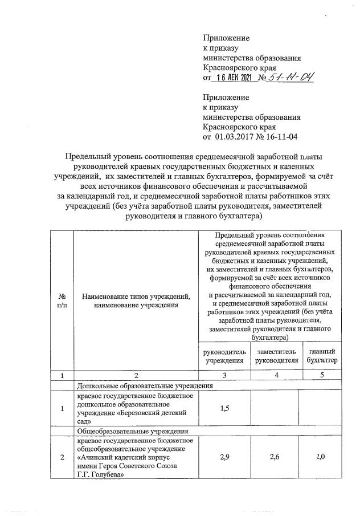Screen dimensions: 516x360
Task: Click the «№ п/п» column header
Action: (61, 300)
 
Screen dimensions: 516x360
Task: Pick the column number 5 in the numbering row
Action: (322, 375)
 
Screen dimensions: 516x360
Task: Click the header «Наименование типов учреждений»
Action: (135, 296)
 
